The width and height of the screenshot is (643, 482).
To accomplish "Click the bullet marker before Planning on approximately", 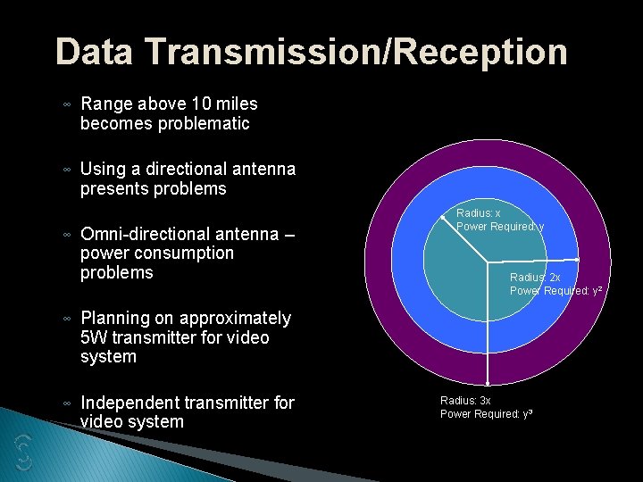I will point(68,320).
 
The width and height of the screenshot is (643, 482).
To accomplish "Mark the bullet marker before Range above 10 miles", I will point(68,105).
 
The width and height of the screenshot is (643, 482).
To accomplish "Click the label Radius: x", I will point(479,213).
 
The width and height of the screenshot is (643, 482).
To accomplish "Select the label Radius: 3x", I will point(465,401).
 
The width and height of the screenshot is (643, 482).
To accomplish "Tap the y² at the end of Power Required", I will point(595,291).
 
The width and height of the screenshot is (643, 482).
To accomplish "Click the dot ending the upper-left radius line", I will point(444,216).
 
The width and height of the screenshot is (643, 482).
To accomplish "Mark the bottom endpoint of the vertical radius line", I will point(487,381).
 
